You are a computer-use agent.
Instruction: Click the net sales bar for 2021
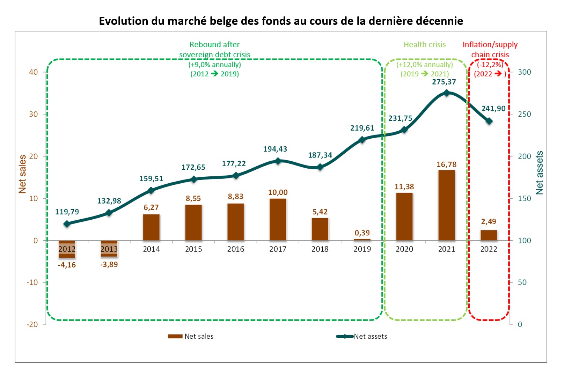click(446, 205)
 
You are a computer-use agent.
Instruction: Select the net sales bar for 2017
click(278, 219)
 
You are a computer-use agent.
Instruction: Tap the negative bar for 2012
click(67, 249)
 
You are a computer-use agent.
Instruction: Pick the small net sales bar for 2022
click(489, 235)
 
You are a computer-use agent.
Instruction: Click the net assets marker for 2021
click(446, 93)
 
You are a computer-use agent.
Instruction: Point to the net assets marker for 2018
click(320, 167)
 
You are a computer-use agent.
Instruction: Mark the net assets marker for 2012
click(67, 224)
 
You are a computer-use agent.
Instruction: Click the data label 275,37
click(444, 82)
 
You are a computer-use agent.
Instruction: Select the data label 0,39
click(362, 233)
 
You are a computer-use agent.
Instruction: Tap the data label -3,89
click(109, 265)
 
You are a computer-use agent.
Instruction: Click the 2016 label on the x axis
click(236, 249)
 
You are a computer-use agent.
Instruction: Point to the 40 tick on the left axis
click(34, 72)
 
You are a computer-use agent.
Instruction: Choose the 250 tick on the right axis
click(524, 114)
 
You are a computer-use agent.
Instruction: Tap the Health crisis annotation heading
click(425, 45)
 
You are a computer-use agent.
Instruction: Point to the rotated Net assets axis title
click(540, 173)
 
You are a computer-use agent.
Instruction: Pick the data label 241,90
click(493, 109)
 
